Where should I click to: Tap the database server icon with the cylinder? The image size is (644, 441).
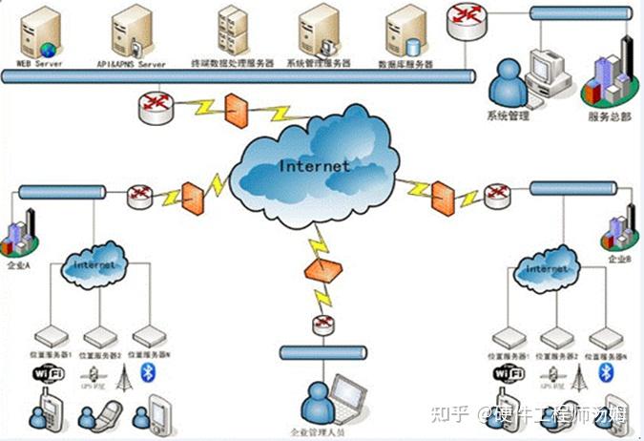pos(404,33)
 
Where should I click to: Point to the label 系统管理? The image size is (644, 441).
pos(508,116)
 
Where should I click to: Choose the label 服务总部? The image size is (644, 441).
pos(608,116)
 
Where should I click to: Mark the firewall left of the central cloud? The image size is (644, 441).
pos(193,197)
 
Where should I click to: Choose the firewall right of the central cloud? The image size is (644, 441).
pos(441,197)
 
